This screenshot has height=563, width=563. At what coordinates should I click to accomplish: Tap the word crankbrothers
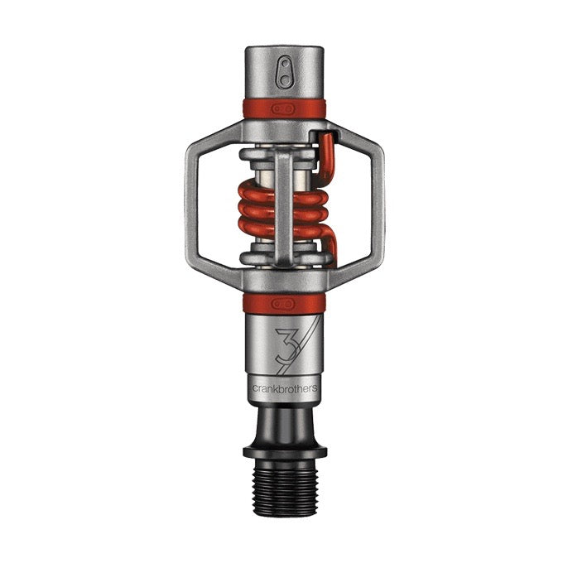[x=284, y=386]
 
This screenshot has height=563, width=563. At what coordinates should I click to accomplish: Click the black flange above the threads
[x=284, y=451]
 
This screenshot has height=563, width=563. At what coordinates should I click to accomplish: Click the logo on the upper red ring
[x=284, y=108]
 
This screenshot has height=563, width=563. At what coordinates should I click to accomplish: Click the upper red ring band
[x=257, y=108]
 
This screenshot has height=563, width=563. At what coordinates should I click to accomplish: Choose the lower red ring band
[x=257, y=301]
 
